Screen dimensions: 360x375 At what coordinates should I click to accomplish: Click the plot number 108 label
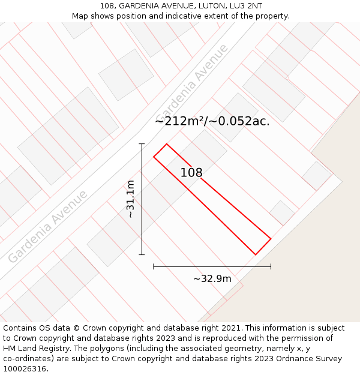click(x=191, y=173)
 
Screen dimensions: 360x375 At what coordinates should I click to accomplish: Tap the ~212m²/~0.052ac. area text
click(x=212, y=121)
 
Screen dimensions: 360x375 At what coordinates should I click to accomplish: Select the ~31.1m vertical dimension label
click(x=130, y=199)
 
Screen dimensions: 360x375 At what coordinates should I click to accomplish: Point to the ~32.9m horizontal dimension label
click(x=212, y=279)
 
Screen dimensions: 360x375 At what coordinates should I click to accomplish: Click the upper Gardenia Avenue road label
click(x=192, y=82)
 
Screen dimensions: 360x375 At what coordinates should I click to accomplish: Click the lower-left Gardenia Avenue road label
click(x=48, y=226)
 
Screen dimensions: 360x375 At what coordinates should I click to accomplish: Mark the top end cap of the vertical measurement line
click(x=142, y=144)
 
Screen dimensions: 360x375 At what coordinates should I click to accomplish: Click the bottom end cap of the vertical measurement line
click(x=142, y=254)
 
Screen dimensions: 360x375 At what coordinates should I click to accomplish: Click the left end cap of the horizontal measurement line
click(x=154, y=266)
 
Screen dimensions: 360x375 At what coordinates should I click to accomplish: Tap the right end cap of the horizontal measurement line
click(x=271, y=266)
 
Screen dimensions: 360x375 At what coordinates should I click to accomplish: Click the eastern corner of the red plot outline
click(x=271, y=239)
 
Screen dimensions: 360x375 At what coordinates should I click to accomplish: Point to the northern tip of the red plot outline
click(x=166, y=144)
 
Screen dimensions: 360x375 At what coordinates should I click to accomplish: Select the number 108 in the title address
click(x=109, y=6)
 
